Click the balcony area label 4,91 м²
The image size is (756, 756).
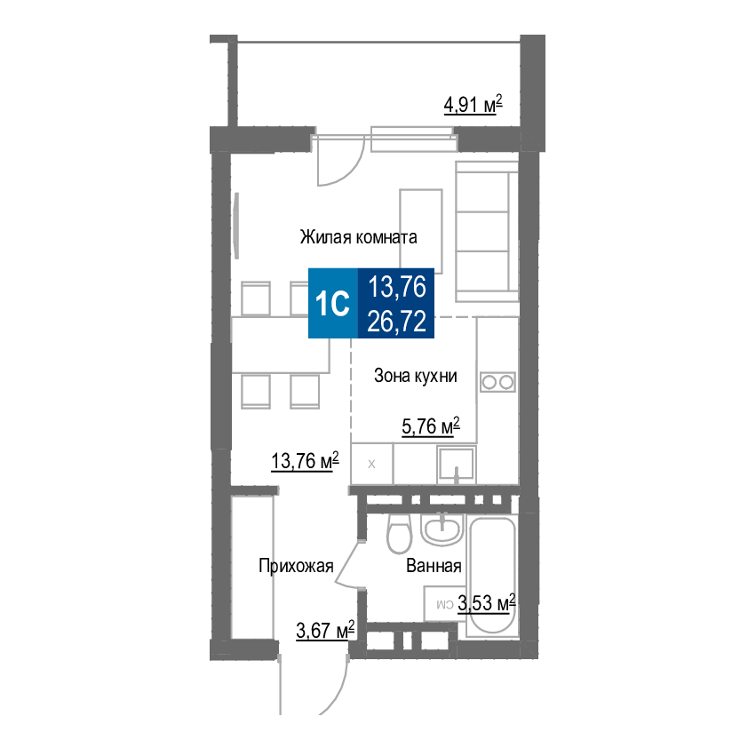[473, 105]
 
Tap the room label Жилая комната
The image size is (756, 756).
[358, 237]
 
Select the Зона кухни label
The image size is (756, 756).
[415, 376]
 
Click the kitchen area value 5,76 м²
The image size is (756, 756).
[431, 426]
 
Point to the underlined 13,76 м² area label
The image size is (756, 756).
[306, 461]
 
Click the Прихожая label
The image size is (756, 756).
[296, 566]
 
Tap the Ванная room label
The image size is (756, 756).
[434, 566]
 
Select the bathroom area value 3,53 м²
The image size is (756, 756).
[487, 603]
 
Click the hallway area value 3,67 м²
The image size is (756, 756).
[325, 630]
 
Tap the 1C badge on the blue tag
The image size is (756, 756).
[332, 303]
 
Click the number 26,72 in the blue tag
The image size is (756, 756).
[397, 321]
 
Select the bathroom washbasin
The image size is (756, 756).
[442, 529]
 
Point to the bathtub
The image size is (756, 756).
[492, 576]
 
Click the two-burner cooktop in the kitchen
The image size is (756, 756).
[497, 382]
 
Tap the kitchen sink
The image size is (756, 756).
[456, 464]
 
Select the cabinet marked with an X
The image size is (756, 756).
[371, 464]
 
